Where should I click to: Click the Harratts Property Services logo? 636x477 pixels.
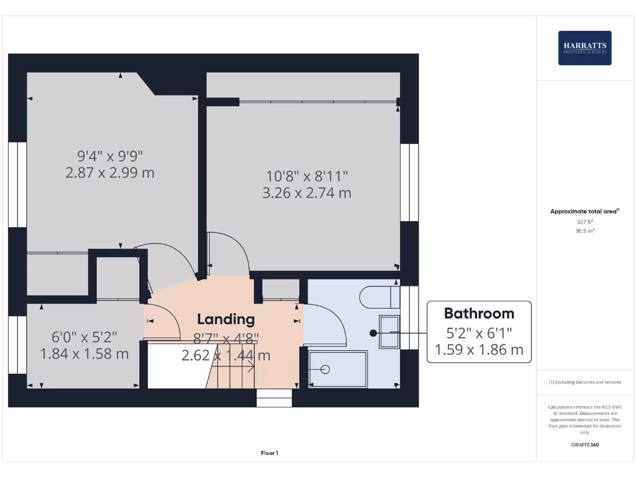(x=584, y=48)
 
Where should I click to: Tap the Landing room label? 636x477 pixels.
(x=226, y=319)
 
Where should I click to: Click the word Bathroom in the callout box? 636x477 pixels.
(x=479, y=313)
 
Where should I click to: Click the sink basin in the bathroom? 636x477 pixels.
(x=389, y=332)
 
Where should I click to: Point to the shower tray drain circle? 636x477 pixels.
(x=325, y=369)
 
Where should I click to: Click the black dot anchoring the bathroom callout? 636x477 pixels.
(x=373, y=333)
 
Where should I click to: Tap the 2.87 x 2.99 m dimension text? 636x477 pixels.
(x=110, y=173)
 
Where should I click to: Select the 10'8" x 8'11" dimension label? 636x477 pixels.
(x=307, y=176)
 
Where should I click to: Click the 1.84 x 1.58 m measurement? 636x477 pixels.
(x=84, y=354)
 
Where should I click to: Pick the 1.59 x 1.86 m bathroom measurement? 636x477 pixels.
(x=479, y=350)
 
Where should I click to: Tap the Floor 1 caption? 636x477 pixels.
(x=270, y=453)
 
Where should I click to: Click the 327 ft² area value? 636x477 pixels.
(x=585, y=221)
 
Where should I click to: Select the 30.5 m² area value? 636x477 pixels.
(x=585, y=230)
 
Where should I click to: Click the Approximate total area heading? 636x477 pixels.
(x=584, y=211)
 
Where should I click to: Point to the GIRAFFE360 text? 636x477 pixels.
(x=585, y=445)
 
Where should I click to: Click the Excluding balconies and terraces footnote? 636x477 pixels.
(x=584, y=382)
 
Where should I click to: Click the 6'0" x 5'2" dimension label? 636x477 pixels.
(x=84, y=337)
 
